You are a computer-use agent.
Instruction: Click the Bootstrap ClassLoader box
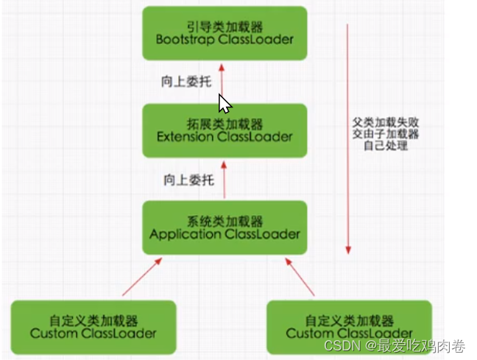click(x=225, y=32)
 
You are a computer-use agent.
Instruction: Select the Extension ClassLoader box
click(x=225, y=130)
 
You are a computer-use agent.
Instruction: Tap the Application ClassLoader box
click(x=225, y=227)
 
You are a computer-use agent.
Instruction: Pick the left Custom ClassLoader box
click(x=93, y=326)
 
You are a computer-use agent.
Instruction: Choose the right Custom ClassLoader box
click(x=350, y=326)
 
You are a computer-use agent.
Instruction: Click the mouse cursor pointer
click(x=225, y=102)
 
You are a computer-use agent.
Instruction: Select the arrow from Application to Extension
click(x=225, y=180)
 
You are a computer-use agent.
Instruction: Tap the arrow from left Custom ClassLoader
click(x=140, y=276)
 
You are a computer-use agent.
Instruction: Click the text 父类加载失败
click(x=380, y=120)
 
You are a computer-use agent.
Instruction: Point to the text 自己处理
click(x=380, y=145)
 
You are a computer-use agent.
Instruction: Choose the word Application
click(x=182, y=234)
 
